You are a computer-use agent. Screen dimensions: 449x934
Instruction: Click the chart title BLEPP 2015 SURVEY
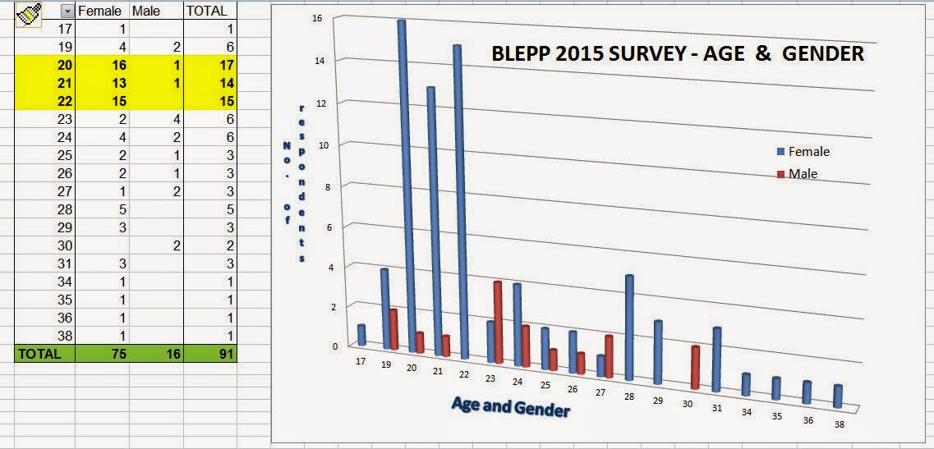point(677,54)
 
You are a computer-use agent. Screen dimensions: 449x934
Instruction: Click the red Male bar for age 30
point(695,367)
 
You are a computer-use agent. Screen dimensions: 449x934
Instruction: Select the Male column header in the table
point(146,11)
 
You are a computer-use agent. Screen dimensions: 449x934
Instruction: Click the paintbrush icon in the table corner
point(30,13)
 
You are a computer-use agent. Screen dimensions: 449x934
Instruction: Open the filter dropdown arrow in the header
point(67,11)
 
